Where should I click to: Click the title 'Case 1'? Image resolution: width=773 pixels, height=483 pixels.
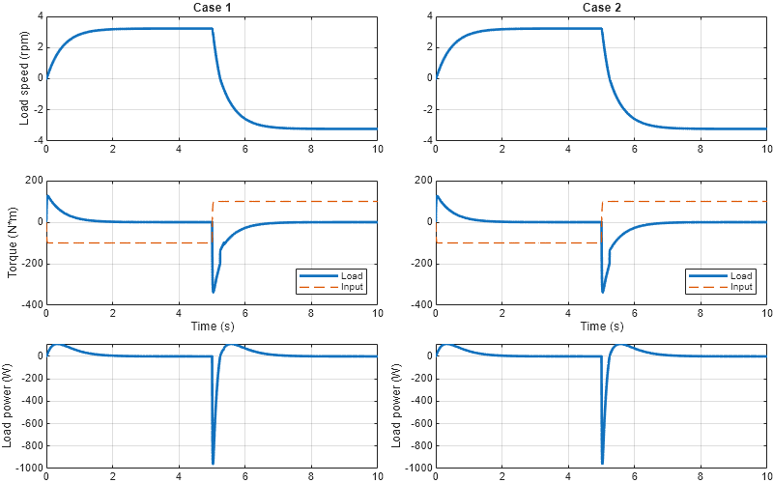pos(212,8)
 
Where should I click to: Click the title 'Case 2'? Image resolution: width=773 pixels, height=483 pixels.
pos(601,8)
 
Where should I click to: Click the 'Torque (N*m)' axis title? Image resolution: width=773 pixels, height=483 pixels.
pos(13,242)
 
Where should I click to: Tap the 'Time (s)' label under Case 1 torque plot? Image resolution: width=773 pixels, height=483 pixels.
pos(212,327)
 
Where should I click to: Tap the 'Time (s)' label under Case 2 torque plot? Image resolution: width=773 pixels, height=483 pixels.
pos(601,327)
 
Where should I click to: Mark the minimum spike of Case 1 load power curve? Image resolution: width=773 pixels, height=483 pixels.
pos(213,463)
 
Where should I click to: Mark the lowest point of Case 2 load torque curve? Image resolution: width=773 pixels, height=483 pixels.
pos(602,292)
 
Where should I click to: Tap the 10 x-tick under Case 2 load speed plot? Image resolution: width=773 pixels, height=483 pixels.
pos(767,149)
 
